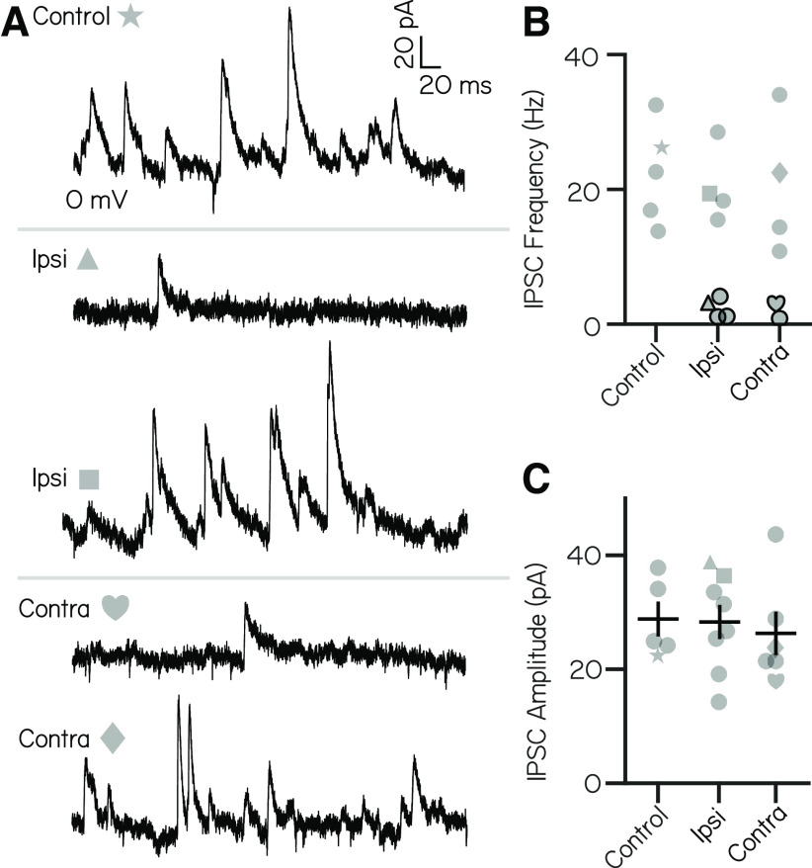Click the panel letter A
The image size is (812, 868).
15,22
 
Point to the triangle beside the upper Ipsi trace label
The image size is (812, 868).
87,259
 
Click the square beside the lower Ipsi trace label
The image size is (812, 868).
89,479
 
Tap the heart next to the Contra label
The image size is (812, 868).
116,607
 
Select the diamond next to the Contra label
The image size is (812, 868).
113,738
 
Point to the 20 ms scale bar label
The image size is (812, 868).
454,86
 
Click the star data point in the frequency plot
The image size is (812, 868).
662,147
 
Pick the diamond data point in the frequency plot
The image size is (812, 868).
778,173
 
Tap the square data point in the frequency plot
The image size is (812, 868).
709,193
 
